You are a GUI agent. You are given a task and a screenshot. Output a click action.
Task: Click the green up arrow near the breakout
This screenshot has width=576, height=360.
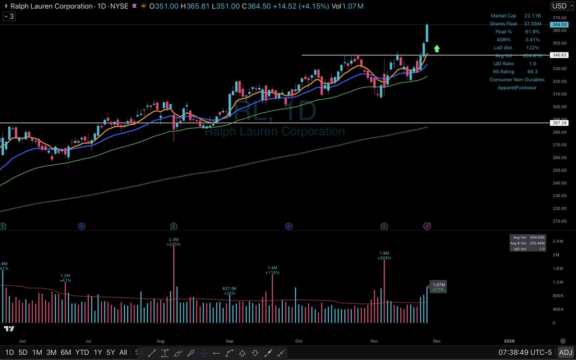click(x=437, y=48)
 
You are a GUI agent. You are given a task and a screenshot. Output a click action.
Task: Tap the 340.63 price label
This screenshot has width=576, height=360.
click(x=558, y=56)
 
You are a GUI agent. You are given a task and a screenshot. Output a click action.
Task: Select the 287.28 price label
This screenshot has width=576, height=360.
click(x=558, y=123)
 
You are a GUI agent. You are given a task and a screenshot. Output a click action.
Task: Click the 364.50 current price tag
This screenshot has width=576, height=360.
click(x=558, y=24)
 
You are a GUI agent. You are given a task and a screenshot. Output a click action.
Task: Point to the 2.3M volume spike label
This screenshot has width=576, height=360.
click(x=173, y=240)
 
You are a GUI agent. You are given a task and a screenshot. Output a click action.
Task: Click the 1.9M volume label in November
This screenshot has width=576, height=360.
click(x=384, y=253)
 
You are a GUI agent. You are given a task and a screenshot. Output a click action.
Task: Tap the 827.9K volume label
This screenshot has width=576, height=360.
click(x=229, y=288)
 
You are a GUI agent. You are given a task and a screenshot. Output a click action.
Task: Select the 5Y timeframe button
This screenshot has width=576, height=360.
click(x=110, y=352)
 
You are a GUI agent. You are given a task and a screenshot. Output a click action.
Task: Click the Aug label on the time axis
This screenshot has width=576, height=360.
click(x=161, y=341)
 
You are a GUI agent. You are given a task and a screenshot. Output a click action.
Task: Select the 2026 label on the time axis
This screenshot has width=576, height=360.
click(x=509, y=341)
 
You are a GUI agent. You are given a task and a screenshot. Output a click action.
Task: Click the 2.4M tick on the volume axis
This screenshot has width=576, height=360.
click(x=557, y=241)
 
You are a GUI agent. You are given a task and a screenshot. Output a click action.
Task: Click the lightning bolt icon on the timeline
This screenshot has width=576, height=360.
click(x=427, y=226)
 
